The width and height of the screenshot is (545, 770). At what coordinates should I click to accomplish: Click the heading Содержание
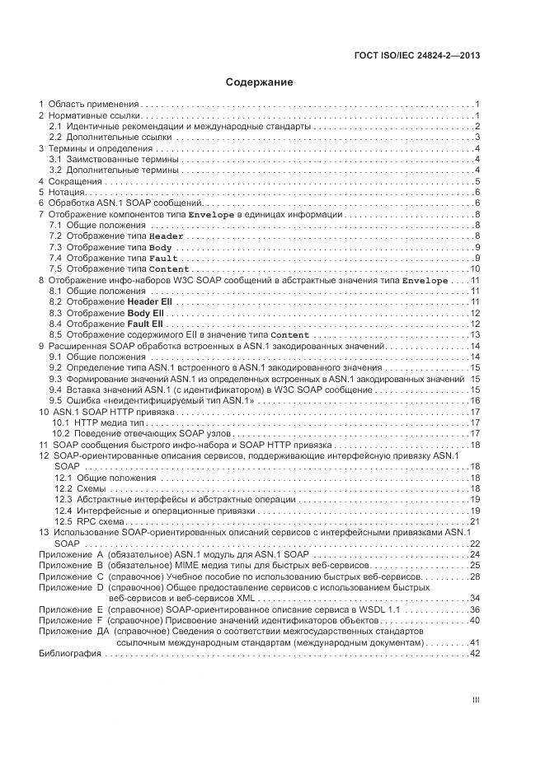260,82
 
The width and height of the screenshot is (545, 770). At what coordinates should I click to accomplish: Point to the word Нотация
67,192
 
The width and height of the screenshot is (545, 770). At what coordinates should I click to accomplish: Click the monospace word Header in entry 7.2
166,236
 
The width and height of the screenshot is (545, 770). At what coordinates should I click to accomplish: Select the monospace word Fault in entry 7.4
163,259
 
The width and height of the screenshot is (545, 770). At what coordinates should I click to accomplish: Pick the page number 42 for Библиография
475,653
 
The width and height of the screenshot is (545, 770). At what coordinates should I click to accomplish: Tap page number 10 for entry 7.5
475,269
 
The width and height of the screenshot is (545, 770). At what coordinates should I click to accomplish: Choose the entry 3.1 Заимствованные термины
114,159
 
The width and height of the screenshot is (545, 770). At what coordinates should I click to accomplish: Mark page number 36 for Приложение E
475,609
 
